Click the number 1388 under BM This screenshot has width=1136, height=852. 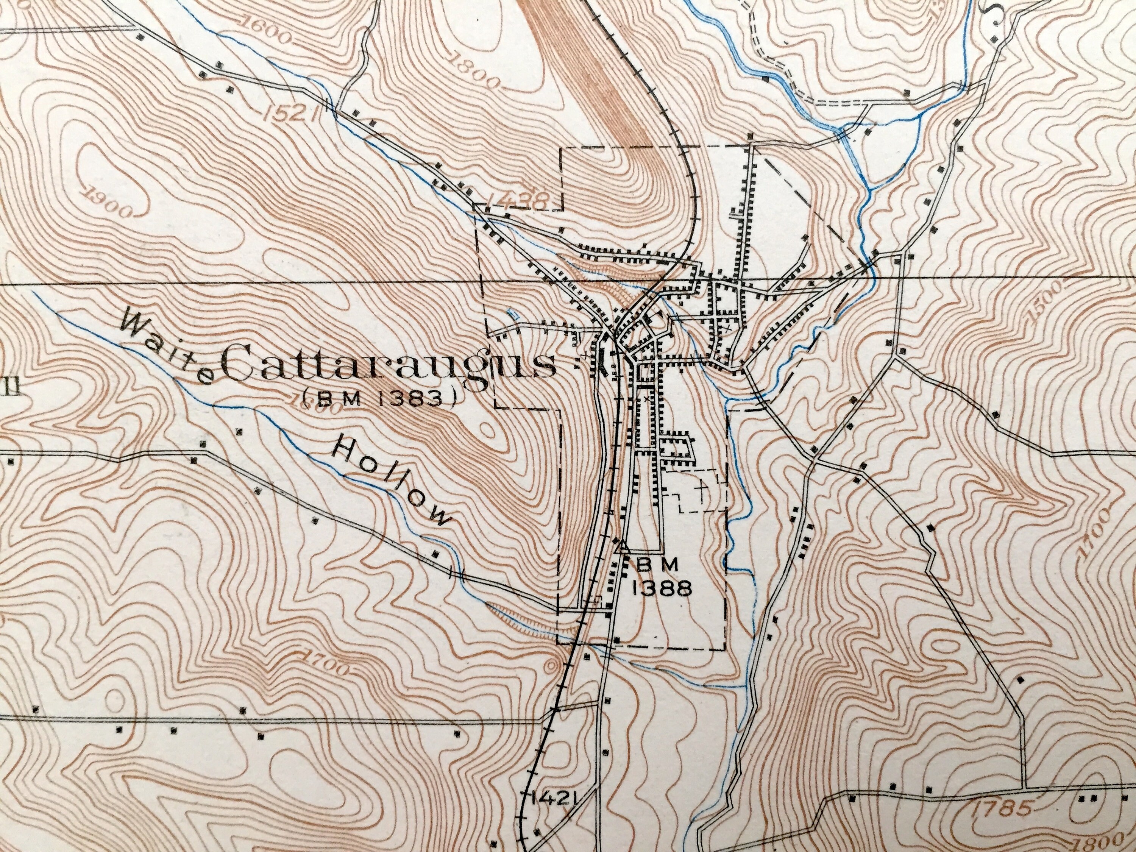click(x=663, y=590)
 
